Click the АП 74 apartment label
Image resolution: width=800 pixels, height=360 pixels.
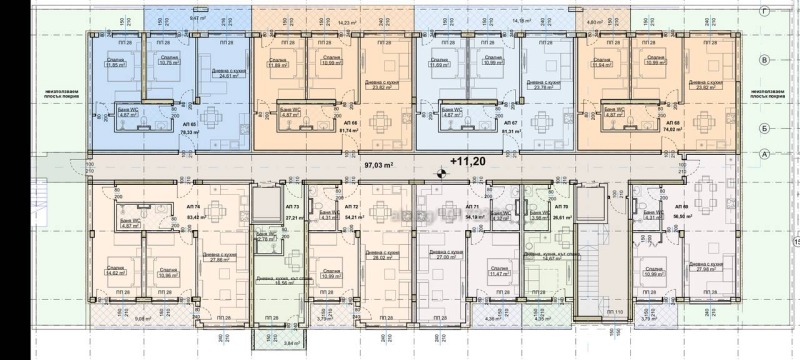pyautogui.click(x=192, y=204)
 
